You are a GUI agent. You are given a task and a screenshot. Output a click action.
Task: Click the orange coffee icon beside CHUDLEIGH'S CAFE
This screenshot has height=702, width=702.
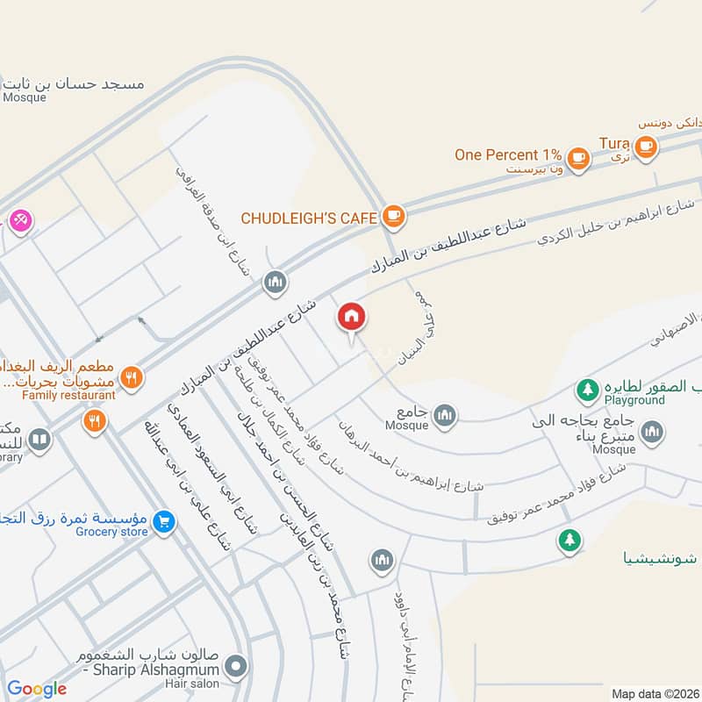(393, 216)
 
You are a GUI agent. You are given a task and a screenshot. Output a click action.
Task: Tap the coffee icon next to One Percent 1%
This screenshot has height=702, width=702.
(577, 157)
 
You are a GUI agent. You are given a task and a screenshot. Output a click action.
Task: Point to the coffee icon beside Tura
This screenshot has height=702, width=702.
(646, 146)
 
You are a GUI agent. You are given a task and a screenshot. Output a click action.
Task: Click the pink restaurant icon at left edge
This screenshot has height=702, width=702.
(18, 218)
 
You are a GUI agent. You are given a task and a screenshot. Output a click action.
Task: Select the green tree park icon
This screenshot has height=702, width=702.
(569, 541)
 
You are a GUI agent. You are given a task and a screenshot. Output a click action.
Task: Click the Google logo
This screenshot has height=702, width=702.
(37, 689)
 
